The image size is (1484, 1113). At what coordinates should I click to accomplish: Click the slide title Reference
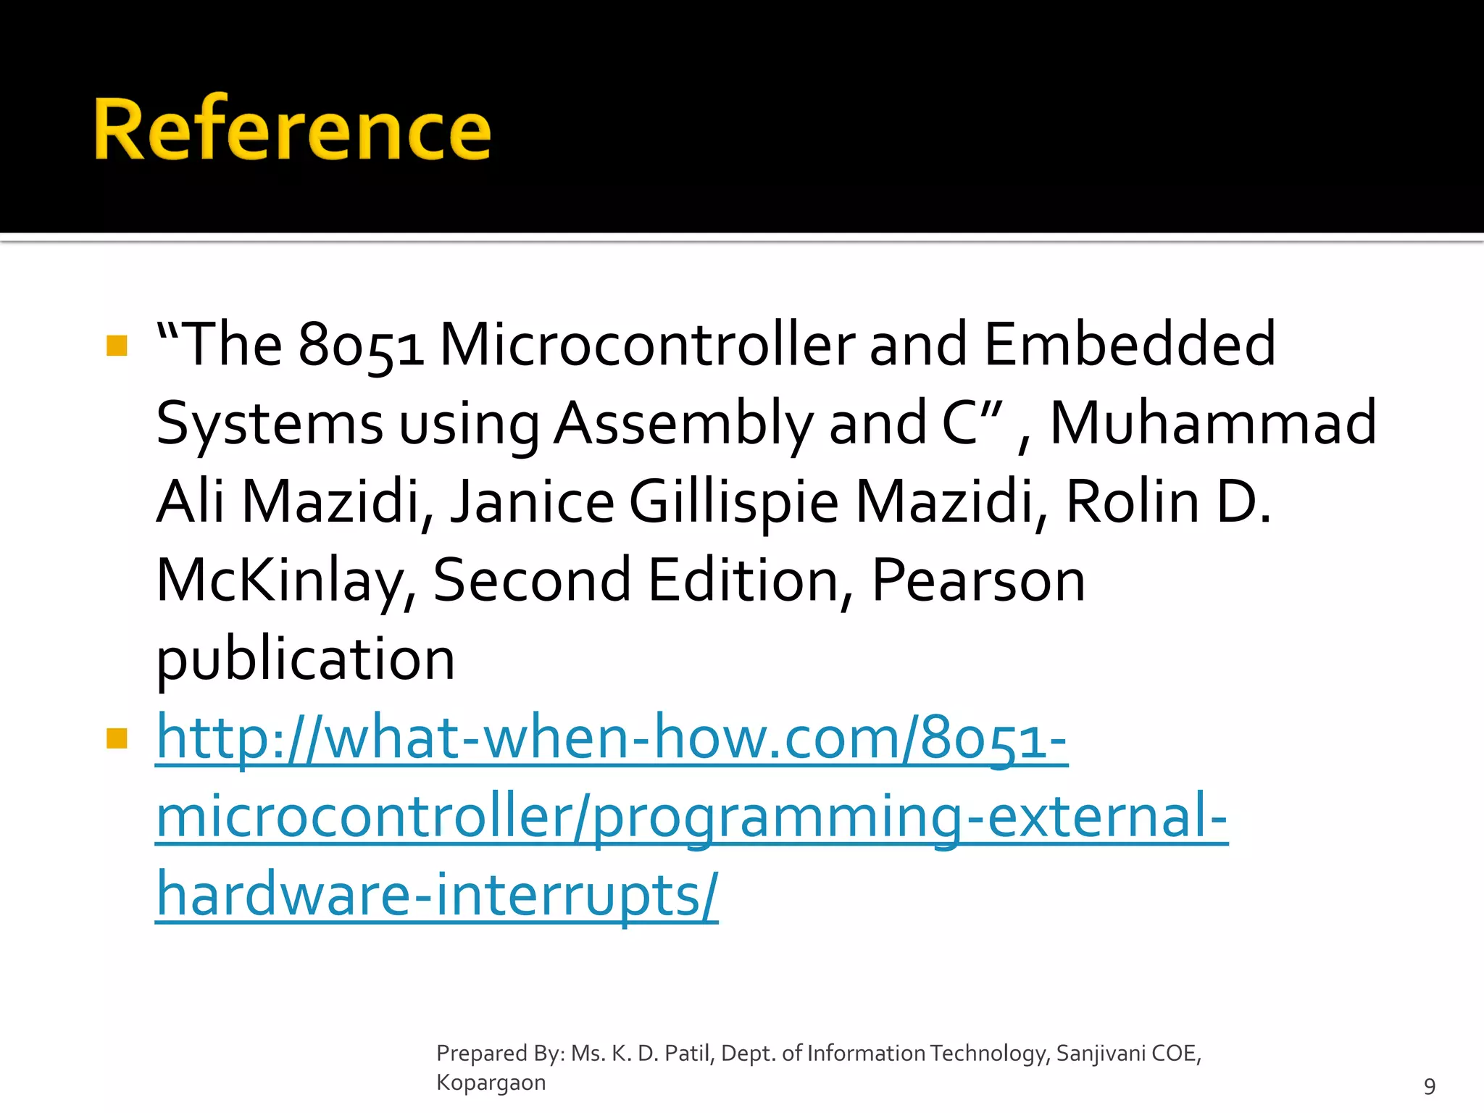pos(292,130)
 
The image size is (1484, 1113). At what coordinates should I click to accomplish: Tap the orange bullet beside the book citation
pos(117,346)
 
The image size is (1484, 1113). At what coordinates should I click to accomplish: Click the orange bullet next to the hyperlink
pos(117,738)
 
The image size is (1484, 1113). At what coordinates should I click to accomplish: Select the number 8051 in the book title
pos(360,345)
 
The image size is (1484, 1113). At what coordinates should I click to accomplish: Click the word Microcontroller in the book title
pos(647,345)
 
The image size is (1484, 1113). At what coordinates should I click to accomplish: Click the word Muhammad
pos(1213,424)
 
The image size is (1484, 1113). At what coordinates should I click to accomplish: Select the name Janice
pos(533,502)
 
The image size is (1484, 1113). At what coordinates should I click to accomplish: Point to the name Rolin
pos(1133,502)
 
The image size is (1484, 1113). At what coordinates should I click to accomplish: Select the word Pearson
pos(978,581)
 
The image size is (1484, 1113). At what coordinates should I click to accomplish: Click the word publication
pos(306,660)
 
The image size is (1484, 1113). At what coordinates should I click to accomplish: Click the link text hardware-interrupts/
pos(437,896)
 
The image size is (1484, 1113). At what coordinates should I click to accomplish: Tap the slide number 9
pos(1429,1086)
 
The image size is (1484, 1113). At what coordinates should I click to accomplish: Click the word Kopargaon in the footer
pos(491,1083)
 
